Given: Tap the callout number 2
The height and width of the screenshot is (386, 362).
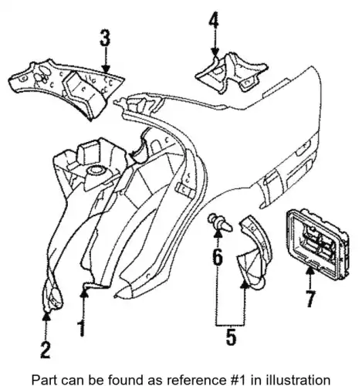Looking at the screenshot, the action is (46, 350).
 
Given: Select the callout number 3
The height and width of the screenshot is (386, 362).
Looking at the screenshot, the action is (105, 38).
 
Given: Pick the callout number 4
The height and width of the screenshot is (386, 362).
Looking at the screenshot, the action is (214, 19).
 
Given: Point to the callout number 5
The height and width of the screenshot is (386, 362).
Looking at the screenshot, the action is (231, 336).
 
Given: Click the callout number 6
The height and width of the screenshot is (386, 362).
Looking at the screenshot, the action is (218, 257).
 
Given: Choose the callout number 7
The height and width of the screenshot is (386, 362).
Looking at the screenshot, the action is (310, 299).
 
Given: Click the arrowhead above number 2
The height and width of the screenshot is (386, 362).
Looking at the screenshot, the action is (46, 316).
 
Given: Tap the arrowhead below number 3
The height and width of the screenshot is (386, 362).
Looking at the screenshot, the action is (106, 69).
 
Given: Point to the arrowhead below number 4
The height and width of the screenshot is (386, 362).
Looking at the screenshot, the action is (215, 52).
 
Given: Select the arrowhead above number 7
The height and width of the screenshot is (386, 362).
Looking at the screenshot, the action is (310, 271).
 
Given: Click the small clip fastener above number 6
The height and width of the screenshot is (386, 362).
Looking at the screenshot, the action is (220, 222).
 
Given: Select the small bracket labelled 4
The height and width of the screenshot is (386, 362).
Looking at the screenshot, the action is (231, 74).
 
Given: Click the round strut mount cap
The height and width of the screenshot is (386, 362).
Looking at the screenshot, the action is (95, 171).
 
